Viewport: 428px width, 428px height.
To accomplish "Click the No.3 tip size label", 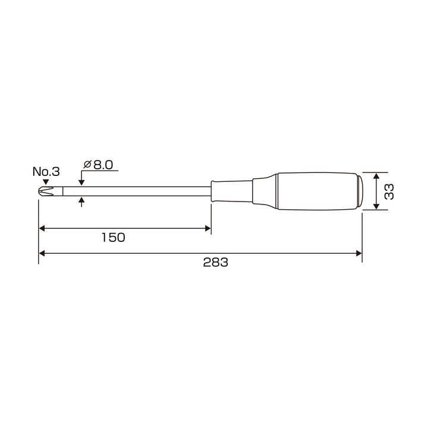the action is (x=46, y=172).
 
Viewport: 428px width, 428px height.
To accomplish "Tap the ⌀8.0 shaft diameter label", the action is (x=98, y=165).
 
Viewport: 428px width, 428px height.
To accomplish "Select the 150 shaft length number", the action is (x=114, y=237).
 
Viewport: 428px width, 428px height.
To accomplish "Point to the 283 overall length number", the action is (x=215, y=262).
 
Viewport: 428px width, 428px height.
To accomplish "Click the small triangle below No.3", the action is (x=46, y=182).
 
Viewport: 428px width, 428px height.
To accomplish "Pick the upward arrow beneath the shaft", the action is (x=81, y=201).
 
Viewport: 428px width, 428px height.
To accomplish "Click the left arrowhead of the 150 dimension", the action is (x=42, y=228).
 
